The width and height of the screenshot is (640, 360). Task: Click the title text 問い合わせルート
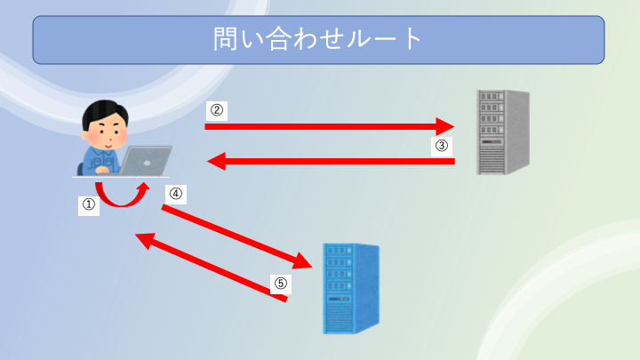pos(317,39)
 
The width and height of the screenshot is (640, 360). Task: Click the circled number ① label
pos(89,204)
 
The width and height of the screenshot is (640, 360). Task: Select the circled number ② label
pos(217,110)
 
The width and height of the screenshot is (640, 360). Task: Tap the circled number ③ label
pos(442,145)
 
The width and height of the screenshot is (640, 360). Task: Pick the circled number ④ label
pos(176,193)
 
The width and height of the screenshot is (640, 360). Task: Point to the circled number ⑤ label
pos(281,283)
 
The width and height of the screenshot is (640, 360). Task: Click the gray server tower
pos(503,132)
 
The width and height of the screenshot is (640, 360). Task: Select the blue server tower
pos(351,289)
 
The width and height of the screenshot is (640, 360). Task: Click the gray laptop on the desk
pos(145,161)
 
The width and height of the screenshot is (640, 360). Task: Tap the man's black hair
pos(105,111)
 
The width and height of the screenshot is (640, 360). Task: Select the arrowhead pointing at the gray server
pos(445,126)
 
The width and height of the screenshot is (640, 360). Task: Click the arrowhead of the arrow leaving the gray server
pos(216,161)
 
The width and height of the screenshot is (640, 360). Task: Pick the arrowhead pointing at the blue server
pos(303,261)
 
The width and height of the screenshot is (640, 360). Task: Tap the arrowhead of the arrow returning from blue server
pos(145,240)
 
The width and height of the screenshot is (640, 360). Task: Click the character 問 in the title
pos(226,39)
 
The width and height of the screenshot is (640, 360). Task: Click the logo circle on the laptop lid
pos(148,163)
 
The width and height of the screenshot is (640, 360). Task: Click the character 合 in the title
pos(278,39)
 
